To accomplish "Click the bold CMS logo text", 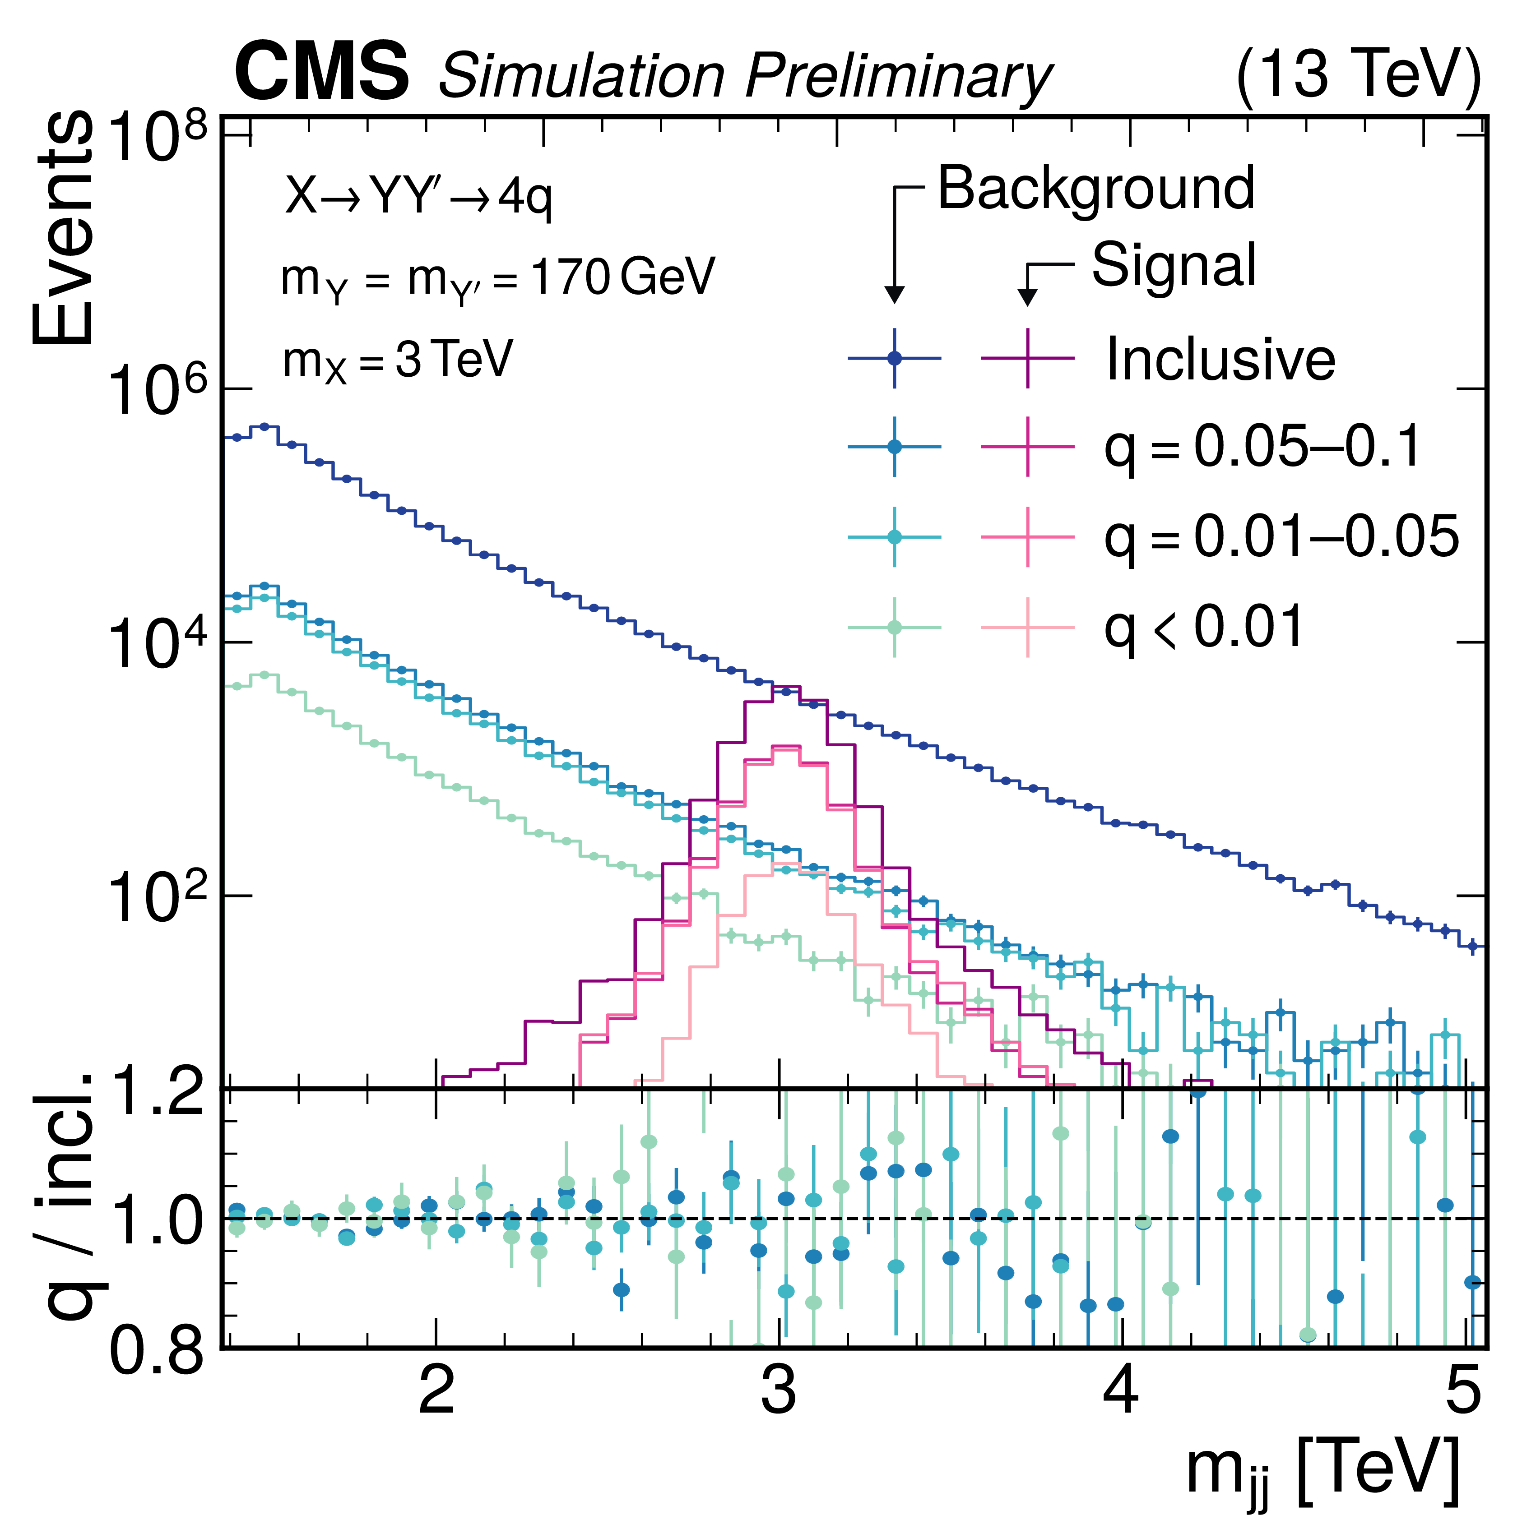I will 321,73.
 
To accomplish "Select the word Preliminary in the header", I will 898,77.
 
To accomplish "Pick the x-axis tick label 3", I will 778,1392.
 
